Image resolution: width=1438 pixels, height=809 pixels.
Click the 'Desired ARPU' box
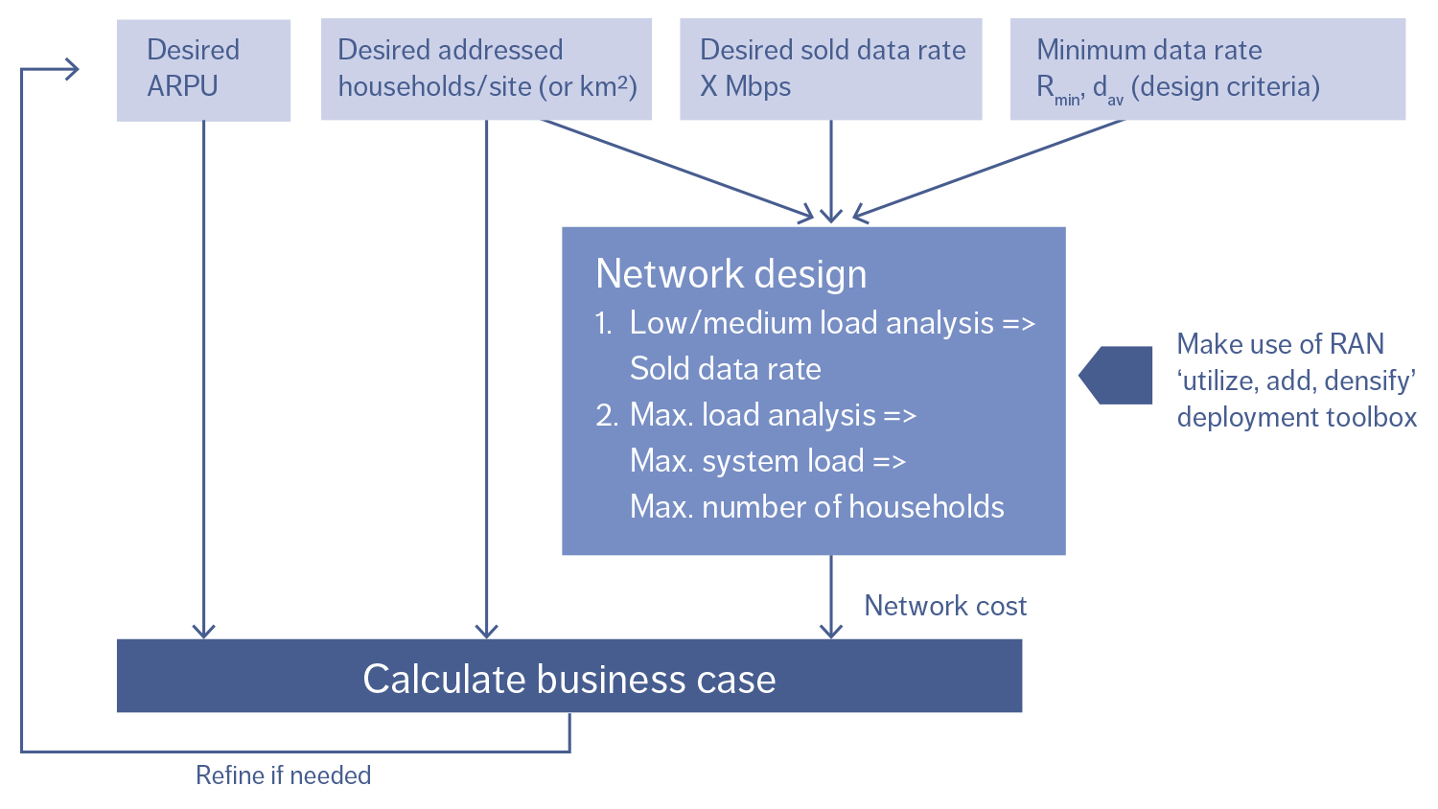tap(203, 70)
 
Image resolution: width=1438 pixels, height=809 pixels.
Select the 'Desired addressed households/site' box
tap(486, 69)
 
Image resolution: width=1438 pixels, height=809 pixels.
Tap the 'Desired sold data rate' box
tap(830, 69)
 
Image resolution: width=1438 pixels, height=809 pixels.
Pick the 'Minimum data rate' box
tap(1207, 69)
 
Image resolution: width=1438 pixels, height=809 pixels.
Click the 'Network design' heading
tap(731, 274)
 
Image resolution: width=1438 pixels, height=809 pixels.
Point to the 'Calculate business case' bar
tap(568, 678)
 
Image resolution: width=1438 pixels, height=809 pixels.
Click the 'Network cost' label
tap(944, 606)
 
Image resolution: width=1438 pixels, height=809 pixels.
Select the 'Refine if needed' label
tap(283, 775)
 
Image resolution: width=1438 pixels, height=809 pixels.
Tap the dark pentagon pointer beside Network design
tap(1116, 375)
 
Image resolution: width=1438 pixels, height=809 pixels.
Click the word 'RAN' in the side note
tap(1357, 344)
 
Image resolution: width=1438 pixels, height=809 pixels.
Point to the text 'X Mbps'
tap(745, 87)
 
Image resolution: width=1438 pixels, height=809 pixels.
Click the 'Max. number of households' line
tap(816, 507)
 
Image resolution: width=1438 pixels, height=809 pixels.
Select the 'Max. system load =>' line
tap(767, 461)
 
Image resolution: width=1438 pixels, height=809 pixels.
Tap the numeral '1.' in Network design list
tap(603, 324)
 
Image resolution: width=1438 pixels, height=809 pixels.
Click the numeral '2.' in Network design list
tap(606, 416)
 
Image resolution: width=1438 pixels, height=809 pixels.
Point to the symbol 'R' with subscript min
tap(1046, 87)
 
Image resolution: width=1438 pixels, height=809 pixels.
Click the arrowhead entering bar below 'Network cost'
tap(831, 631)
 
